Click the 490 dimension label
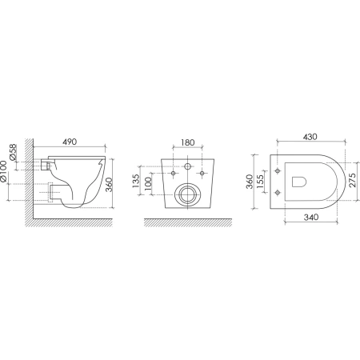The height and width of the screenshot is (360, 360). coord(70,142)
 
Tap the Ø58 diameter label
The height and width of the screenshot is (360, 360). coord(13,152)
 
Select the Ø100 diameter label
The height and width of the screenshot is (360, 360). coord(3,172)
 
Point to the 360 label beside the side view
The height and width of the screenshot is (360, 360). coord(109,184)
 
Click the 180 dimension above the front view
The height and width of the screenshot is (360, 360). coord(188,142)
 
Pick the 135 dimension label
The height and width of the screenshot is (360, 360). coord(136,181)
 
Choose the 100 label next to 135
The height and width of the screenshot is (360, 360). coord(147,184)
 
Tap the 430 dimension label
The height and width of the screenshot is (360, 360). coord(310,137)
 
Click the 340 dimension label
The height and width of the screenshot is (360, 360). coord(311,217)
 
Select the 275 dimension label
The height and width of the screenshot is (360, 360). coord(352,180)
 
